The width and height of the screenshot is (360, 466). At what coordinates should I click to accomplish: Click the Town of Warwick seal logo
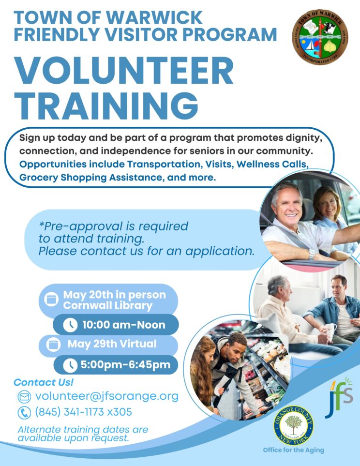(320, 37)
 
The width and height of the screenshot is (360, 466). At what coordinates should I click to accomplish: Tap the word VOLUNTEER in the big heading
(124, 71)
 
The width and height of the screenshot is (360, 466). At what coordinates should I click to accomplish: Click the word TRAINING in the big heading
(106, 105)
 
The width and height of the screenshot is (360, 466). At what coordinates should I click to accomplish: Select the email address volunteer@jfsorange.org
(107, 396)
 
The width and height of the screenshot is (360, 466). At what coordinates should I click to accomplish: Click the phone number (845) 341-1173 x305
(84, 412)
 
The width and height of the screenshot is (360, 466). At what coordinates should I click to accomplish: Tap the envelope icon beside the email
(24, 397)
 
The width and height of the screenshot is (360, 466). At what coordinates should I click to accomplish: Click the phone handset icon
(24, 413)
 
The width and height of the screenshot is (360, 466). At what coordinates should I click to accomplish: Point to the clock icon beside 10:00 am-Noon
(70, 325)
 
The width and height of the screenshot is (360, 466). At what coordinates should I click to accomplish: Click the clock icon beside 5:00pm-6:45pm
(70, 365)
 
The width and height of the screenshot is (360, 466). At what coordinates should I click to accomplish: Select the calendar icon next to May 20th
(51, 299)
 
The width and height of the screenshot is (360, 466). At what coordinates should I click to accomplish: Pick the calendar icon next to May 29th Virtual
(53, 345)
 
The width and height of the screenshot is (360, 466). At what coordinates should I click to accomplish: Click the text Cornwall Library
(107, 306)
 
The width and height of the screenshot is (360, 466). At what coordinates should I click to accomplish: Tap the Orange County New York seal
(294, 425)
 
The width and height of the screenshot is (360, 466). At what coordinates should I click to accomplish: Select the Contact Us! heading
(44, 382)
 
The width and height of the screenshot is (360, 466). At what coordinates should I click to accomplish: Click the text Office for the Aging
(293, 450)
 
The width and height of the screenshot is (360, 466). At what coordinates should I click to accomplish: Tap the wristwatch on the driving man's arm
(312, 254)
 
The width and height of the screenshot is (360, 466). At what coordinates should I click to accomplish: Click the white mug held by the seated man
(330, 330)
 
